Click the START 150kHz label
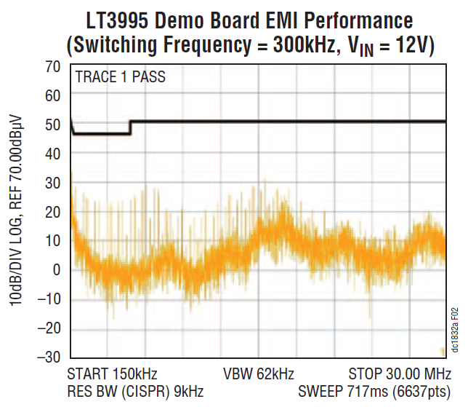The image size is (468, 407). click(x=112, y=375)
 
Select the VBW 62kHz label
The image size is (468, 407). click(x=258, y=375)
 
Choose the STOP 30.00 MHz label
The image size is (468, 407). click(x=396, y=375)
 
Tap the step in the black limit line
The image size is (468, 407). click(x=130, y=127)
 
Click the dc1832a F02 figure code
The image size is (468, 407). click(x=455, y=328)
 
